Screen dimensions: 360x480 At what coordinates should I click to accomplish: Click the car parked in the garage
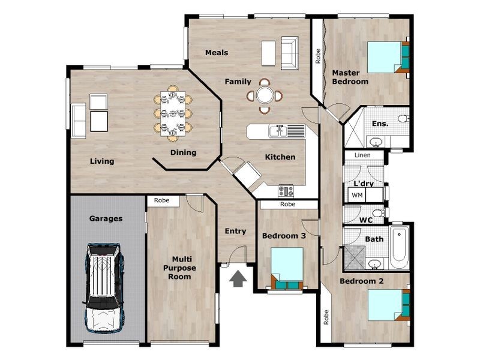point(105,288)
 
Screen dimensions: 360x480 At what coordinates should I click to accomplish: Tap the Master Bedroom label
point(350,77)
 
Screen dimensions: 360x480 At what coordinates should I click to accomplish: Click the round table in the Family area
point(265,95)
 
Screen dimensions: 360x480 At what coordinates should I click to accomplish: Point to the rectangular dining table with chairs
point(173,112)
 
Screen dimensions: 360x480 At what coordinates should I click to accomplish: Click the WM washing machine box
point(357,195)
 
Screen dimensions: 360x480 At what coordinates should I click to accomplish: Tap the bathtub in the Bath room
point(399,247)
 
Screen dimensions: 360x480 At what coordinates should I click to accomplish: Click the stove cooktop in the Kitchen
point(286,191)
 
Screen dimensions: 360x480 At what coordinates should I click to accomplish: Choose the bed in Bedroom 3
point(286,267)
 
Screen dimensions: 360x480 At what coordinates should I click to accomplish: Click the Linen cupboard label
point(362,155)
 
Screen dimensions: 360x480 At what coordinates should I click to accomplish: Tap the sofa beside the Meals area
point(289,53)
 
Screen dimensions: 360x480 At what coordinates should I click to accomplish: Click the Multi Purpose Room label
point(179,268)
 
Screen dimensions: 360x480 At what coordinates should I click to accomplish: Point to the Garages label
point(106,219)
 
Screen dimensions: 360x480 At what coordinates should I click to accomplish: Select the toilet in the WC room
point(377,213)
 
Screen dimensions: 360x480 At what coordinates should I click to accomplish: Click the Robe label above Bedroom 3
point(288,205)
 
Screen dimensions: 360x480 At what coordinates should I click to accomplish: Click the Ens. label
point(380,123)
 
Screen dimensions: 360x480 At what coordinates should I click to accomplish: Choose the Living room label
point(102,161)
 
